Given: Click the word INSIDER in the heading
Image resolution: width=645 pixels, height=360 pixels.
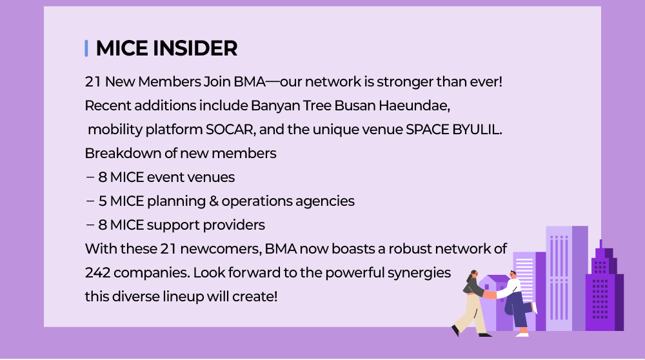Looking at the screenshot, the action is [195, 48].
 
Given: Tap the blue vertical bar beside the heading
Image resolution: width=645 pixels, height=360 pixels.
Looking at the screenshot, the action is [86, 48].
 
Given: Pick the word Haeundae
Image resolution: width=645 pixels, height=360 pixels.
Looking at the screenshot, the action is [414, 106].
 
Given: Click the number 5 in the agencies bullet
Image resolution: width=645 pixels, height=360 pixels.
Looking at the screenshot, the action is [103, 201].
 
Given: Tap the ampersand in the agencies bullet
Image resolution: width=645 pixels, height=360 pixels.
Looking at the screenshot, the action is [213, 201].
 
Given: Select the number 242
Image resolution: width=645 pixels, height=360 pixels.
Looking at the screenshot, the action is [97, 273].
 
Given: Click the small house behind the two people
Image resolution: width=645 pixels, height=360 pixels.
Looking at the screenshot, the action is [493, 303].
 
